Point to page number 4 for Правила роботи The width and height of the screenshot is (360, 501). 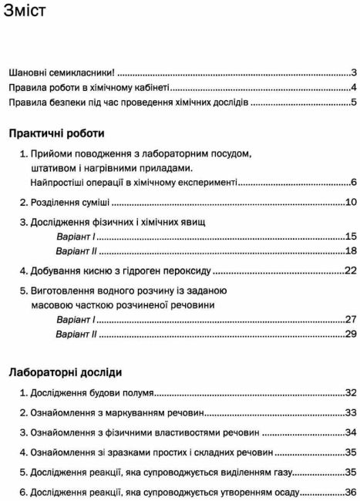352,88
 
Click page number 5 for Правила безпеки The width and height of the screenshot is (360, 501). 352,104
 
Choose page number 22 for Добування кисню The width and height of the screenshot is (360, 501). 349,271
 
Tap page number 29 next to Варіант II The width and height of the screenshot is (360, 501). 349,335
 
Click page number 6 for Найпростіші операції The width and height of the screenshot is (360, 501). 352,183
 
